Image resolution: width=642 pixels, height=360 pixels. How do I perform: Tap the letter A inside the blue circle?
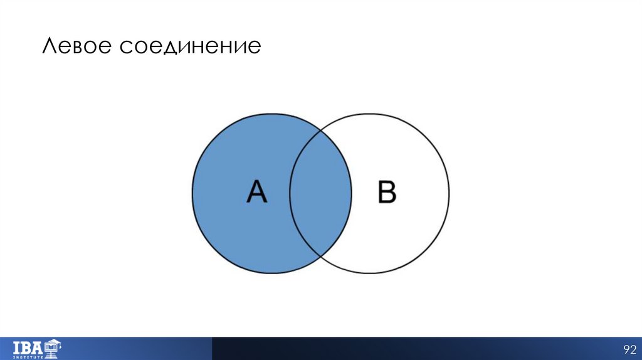tap(257, 192)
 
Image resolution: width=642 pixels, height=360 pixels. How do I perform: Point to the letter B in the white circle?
tap(387, 192)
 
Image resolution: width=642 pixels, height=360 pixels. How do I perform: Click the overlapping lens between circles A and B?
tap(320, 193)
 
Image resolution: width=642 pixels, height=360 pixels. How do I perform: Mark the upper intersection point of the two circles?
tap(320, 130)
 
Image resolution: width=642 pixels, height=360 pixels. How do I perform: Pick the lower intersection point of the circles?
tap(320, 256)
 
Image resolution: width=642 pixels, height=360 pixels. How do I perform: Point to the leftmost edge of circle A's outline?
tap(192, 193)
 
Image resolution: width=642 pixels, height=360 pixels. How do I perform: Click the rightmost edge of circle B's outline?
tap(449, 193)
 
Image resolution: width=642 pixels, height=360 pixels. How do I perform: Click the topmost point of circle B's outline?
tap(369, 114)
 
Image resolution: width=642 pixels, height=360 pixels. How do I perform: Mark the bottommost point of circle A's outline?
tap(271, 273)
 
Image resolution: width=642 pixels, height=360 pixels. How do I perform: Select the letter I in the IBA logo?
tap(16, 346)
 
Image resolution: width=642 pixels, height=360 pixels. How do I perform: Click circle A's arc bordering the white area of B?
tap(351, 193)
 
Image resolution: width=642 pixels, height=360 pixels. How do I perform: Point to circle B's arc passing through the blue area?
tap(290, 193)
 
